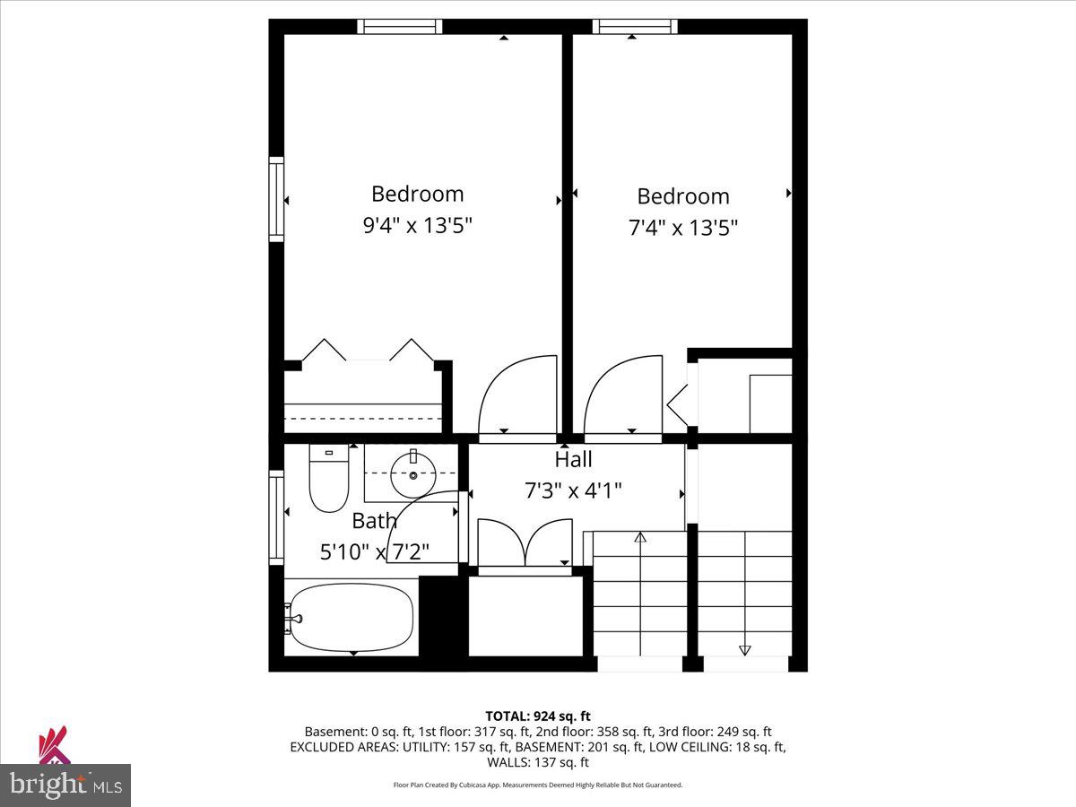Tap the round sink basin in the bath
click(413, 474)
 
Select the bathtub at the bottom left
click(350, 618)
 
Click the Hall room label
click(573, 460)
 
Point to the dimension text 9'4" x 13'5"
click(417, 225)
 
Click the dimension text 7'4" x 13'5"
click(683, 228)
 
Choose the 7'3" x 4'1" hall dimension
click(573, 490)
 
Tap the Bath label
click(374, 520)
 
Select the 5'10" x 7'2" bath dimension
click(375, 551)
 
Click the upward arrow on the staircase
click(640, 538)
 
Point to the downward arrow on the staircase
click(744, 649)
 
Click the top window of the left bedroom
click(400, 26)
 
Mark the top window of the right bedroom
click(635, 26)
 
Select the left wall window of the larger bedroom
click(276, 199)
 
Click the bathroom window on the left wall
click(276, 516)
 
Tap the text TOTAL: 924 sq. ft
click(538, 716)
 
